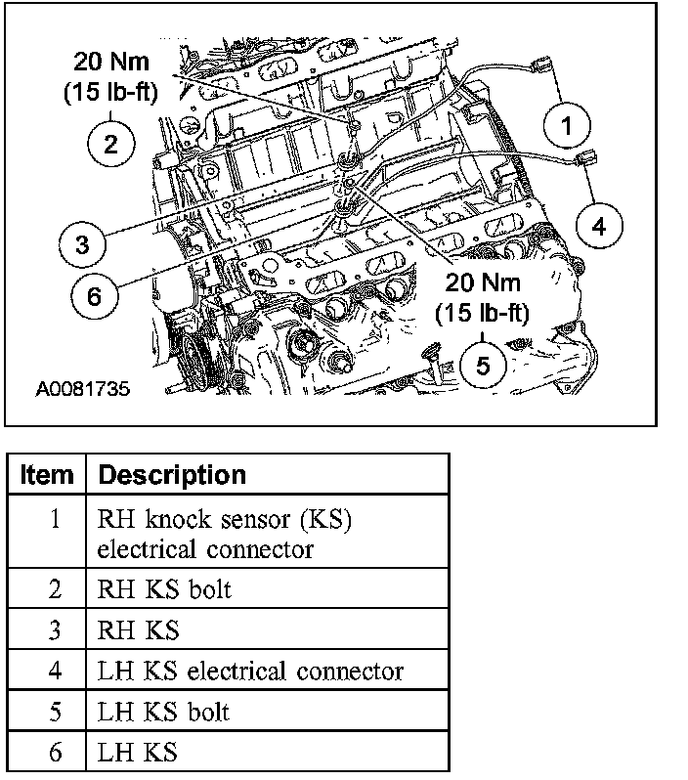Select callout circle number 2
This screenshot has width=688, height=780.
click(x=109, y=145)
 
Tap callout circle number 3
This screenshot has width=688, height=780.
click(x=83, y=243)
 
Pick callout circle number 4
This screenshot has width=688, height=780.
click(x=597, y=226)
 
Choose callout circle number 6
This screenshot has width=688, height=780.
click(x=94, y=296)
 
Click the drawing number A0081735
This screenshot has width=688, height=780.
click(x=82, y=388)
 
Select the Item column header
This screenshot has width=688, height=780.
click(x=47, y=476)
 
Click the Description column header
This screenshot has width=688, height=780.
click(x=172, y=476)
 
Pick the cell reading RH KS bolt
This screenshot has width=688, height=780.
click(x=164, y=589)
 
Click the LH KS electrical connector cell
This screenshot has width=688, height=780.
click(x=250, y=671)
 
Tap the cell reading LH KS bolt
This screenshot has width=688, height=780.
click(x=163, y=712)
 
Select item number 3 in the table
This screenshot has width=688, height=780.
click(x=55, y=629)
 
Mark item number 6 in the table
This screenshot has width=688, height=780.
click(x=55, y=753)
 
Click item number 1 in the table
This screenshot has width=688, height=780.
click(x=55, y=518)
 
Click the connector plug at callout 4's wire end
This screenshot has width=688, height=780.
click(x=587, y=159)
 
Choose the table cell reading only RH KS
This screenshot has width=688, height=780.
click(x=139, y=629)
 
